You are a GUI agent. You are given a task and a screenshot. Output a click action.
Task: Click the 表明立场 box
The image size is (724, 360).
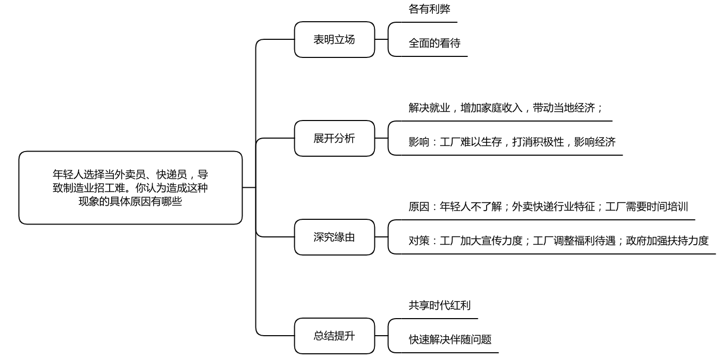tap(335, 40)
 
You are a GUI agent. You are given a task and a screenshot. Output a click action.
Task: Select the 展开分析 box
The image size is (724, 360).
tap(335, 138)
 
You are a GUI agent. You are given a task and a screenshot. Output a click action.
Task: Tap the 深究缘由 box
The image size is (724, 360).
tap(335, 237)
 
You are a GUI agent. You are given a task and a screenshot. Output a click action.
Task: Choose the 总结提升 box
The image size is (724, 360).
tap(335, 336)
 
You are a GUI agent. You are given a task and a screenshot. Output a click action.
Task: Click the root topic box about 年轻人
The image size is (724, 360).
tap(130, 188)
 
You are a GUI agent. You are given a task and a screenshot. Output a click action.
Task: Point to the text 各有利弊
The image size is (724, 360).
tap(429, 9)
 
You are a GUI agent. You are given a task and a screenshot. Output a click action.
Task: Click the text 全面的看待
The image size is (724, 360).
tap(434, 43)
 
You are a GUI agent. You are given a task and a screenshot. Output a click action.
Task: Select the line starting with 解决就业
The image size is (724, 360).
tap(505, 108)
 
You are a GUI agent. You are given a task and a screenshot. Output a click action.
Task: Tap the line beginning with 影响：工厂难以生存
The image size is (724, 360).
tap(512, 142)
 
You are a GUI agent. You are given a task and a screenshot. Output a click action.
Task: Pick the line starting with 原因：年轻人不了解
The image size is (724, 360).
tap(548, 206)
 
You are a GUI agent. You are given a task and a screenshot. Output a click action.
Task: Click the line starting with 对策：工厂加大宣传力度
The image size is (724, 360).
tap(559, 241)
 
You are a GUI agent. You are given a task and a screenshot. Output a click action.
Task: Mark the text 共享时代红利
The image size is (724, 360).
tap(440, 305)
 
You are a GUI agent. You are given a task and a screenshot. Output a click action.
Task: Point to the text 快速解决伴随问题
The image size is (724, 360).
tap(450, 339)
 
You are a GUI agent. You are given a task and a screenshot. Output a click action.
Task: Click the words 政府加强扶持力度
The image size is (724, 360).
tap(667, 241)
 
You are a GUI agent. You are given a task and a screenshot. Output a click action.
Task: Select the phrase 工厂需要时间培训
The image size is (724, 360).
tap(646, 206)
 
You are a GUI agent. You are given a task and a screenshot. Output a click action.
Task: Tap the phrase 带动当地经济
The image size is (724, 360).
tap(564, 108)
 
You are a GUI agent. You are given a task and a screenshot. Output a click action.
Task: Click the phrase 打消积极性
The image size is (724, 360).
tap(538, 142)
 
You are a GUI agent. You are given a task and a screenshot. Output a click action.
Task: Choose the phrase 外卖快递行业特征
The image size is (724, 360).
tap(553, 206)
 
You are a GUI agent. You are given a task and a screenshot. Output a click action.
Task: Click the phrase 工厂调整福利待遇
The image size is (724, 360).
tap(574, 241)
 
